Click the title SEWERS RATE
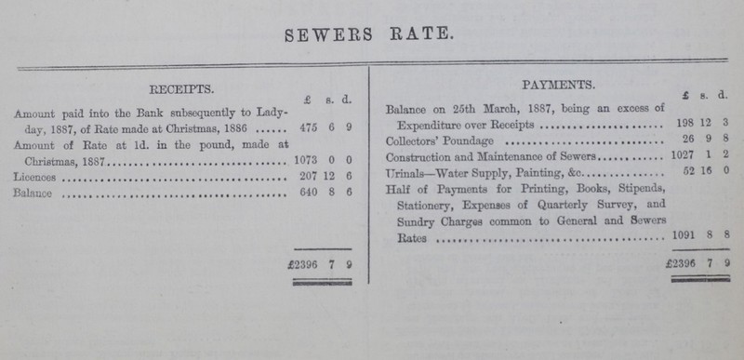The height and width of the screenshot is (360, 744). pyautogui.click(x=371, y=36)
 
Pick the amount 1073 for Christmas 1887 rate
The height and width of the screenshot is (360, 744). pyautogui.click(x=305, y=160)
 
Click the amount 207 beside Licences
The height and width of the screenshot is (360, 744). pyautogui.click(x=306, y=175)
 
